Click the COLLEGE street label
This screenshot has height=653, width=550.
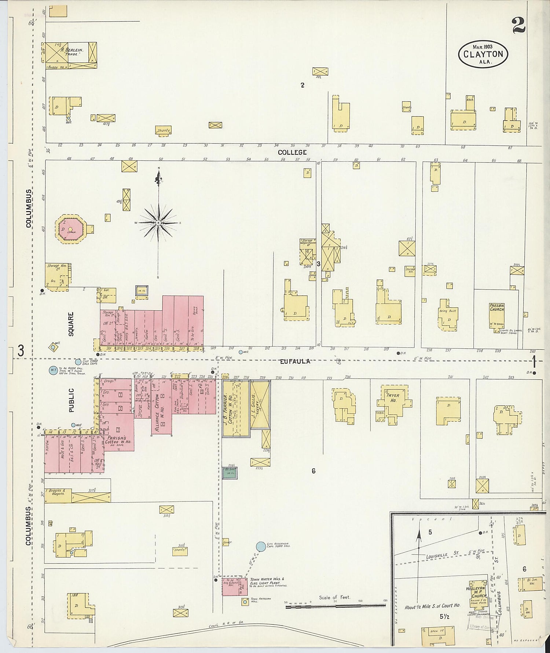click(292, 152)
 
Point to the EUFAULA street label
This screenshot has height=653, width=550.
click(295, 361)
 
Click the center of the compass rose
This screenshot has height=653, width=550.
click(158, 223)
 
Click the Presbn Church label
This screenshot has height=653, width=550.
click(496, 308)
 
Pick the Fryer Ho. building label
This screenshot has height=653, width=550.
click(393, 398)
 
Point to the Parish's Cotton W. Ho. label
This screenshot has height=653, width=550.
click(116, 440)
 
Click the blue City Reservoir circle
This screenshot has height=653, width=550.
click(261, 547)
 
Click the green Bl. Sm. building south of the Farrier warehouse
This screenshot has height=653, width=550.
click(230, 473)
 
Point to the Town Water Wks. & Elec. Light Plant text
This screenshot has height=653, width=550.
click(266, 581)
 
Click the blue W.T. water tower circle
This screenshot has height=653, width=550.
click(54, 370)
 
